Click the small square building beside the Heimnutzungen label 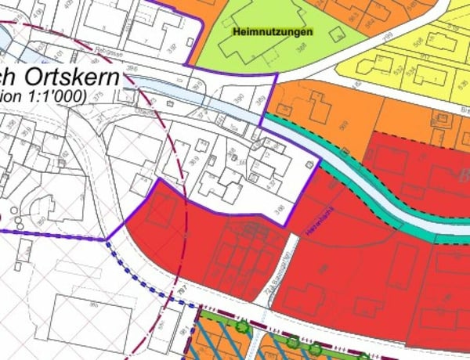pyautogui.click(x=338, y=34)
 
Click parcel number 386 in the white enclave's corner pyautogui.click(x=279, y=208)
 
